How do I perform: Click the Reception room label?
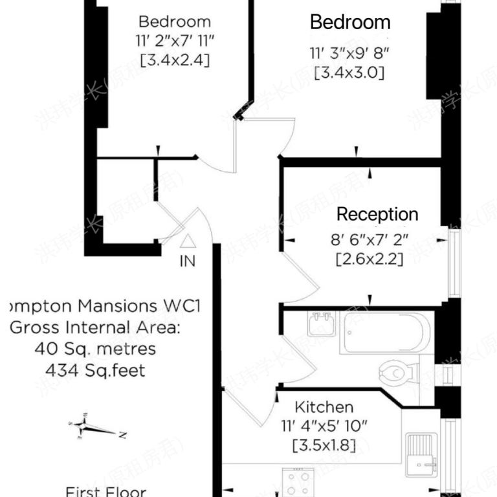377,214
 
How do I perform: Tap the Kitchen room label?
324,407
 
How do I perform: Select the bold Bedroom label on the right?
350,22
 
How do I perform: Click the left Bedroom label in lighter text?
175,22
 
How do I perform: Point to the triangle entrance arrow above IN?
187,242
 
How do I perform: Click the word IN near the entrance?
188,262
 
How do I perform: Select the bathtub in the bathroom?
386,333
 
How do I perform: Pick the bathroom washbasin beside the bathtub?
322,324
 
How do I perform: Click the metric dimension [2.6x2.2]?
369,260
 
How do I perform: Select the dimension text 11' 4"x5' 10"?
324,426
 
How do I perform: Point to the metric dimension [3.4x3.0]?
349,73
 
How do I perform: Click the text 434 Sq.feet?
94,370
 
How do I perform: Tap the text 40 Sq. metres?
94,349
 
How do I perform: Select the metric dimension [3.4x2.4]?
175,61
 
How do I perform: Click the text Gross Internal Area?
94,327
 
